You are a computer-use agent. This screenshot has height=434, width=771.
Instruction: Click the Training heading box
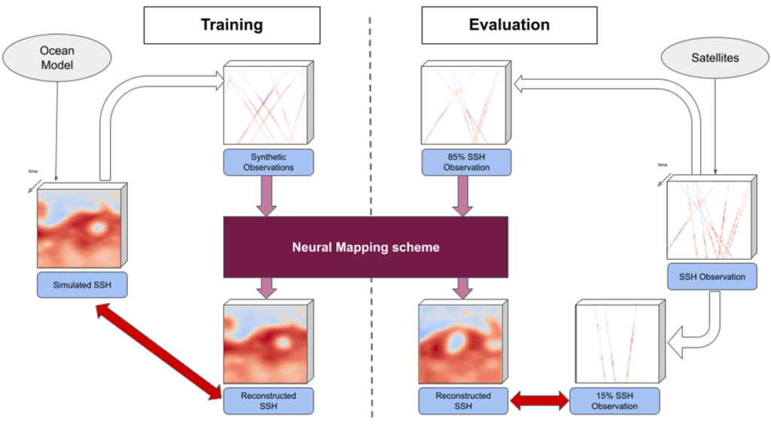point(231,26)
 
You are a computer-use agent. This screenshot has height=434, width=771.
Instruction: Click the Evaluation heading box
point(509,26)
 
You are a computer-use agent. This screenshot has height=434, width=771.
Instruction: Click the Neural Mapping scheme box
point(365,246)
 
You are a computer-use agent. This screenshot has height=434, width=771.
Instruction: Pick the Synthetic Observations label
point(268,161)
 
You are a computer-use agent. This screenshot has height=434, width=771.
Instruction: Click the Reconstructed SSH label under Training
point(268,400)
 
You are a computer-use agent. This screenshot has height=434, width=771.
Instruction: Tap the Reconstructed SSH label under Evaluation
point(463,400)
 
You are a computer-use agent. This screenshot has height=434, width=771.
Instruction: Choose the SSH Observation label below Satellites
point(712,277)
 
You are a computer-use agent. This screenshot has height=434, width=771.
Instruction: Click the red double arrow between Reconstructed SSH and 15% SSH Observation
point(539,401)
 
